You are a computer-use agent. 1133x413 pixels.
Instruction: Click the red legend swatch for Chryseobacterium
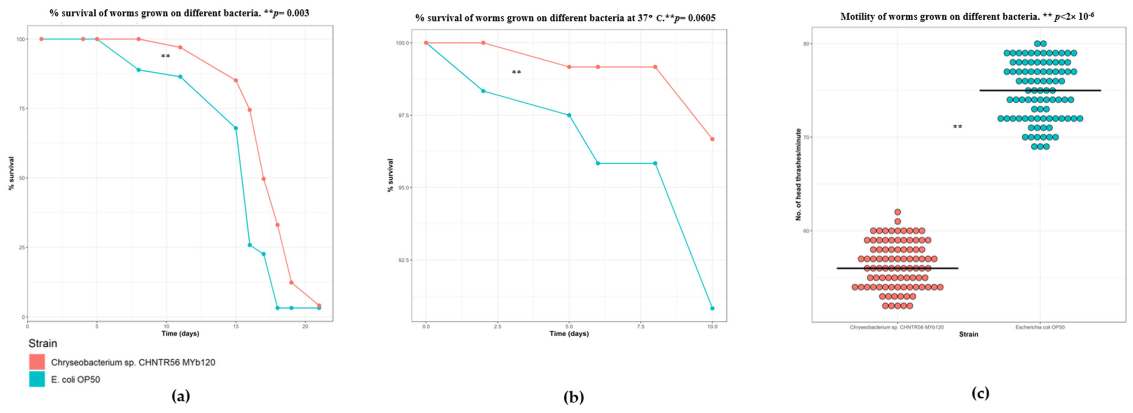point(37,362)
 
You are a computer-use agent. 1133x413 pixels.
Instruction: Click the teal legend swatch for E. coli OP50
point(37,379)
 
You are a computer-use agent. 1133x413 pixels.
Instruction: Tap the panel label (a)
point(181,396)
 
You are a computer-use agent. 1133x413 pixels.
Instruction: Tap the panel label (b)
point(574,398)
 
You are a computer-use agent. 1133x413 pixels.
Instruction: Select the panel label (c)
point(980,393)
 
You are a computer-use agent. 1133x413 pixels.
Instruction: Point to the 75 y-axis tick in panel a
point(20,108)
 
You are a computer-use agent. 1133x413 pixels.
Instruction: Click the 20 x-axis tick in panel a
point(305,326)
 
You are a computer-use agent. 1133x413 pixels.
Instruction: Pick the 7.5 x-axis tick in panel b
point(640,326)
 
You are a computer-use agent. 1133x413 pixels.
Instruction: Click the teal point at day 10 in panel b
point(712,308)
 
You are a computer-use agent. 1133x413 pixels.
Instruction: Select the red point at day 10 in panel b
point(712,139)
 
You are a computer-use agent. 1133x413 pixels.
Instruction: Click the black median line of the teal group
point(1040,90)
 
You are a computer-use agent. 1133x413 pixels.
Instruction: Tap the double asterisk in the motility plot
point(957,127)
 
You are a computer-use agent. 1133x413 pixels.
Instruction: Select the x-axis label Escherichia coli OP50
point(1040,327)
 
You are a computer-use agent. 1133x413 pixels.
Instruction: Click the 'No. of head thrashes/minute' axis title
point(798,174)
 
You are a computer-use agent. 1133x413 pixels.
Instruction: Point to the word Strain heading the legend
point(43,343)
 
